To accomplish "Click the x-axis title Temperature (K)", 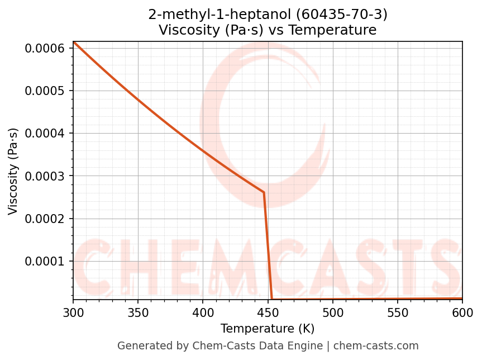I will pyautogui.click(x=268, y=329).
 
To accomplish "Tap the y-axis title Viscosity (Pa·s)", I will pyautogui.click(x=13, y=171).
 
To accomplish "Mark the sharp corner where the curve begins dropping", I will pyautogui.click(x=264, y=192).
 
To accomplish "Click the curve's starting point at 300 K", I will pyautogui.click(x=74, y=42).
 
